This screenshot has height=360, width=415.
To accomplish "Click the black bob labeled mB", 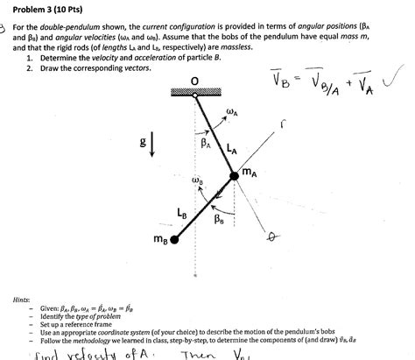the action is (x=175, y=238).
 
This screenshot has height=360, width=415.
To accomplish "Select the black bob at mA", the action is (x=234, y=177).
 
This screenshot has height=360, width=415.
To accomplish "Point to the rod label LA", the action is (x=230, y=150).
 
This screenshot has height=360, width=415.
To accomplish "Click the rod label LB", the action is (x=181, y=211).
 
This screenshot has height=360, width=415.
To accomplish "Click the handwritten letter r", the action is (x=332, y=126).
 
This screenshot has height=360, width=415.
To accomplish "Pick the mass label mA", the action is (x=251, y=173).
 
